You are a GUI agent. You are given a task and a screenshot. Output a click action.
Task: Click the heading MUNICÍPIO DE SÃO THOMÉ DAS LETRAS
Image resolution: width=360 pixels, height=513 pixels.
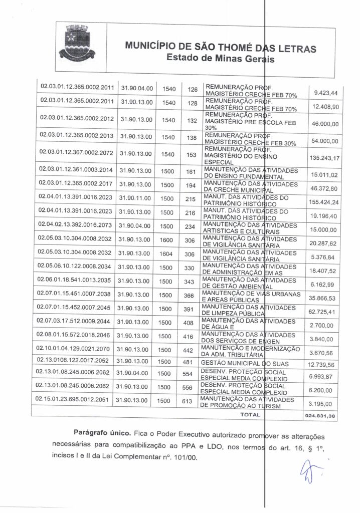point(221,48)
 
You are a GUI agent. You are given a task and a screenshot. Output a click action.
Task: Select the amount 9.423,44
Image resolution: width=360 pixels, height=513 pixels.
point(325,93)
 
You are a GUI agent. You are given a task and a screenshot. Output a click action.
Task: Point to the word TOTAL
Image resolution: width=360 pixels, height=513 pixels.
point(251,415)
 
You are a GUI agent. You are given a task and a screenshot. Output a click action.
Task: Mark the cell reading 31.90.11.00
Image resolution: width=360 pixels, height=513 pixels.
point(135,199)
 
